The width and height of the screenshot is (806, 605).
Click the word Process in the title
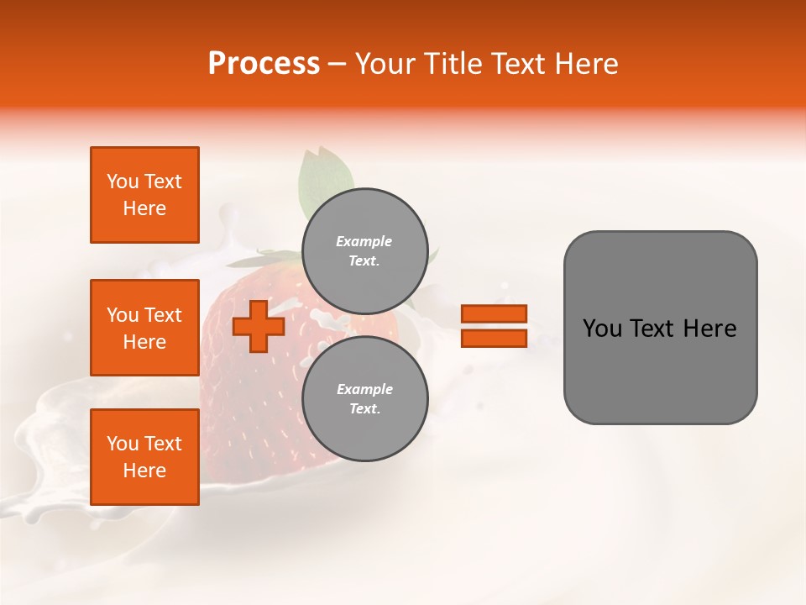(264, 64)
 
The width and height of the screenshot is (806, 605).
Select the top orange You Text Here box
(144, 195)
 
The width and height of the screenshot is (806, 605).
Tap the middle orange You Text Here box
(144, 328)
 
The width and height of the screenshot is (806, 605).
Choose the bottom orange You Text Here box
(144, 457)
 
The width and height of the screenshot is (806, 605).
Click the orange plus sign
(259, 326)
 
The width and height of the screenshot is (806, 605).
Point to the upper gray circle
(365, 250)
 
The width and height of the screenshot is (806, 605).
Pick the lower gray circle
(365, 398)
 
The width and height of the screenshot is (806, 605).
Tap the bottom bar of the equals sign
(494, 338)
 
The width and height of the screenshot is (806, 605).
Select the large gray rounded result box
(660, 328)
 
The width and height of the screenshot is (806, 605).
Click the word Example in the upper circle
(364, 241)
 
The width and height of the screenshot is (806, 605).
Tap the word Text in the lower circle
(364, 409)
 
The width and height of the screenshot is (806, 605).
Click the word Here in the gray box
(709, 329)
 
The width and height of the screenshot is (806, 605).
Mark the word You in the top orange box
(123, 181)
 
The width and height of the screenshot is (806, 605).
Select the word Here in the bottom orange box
(144, 471)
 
